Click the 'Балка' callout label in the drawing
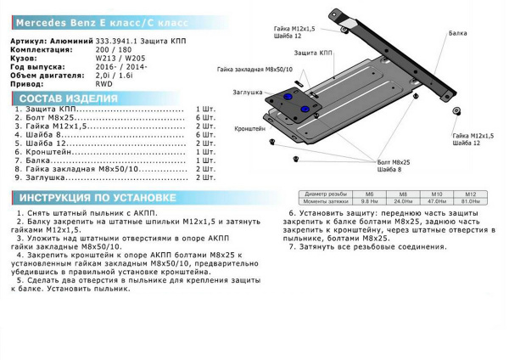(x=457, y=33)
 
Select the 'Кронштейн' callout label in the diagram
(x=250, y=127)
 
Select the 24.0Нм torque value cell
(x=403, y=201)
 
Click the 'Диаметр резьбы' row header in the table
(x=327, y=194)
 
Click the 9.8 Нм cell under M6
(x=369, y=201)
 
